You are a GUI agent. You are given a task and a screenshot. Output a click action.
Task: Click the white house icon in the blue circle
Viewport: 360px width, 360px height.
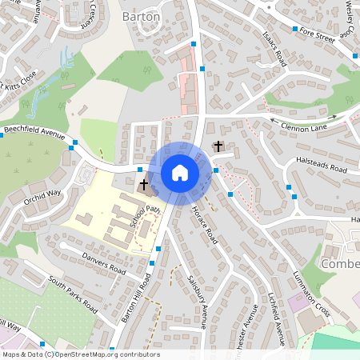click(180, 173)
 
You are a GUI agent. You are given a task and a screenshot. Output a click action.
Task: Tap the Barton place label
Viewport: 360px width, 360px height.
click(141, 16)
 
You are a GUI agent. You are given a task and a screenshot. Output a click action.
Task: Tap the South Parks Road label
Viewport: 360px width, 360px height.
click(72, 294)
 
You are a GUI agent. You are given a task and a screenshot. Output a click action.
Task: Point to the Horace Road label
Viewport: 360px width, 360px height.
click(205, 224)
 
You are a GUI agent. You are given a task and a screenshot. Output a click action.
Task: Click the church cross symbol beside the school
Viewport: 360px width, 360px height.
click(145, 185)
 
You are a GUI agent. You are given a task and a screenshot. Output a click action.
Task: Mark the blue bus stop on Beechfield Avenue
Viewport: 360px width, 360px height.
click(73, 145)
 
